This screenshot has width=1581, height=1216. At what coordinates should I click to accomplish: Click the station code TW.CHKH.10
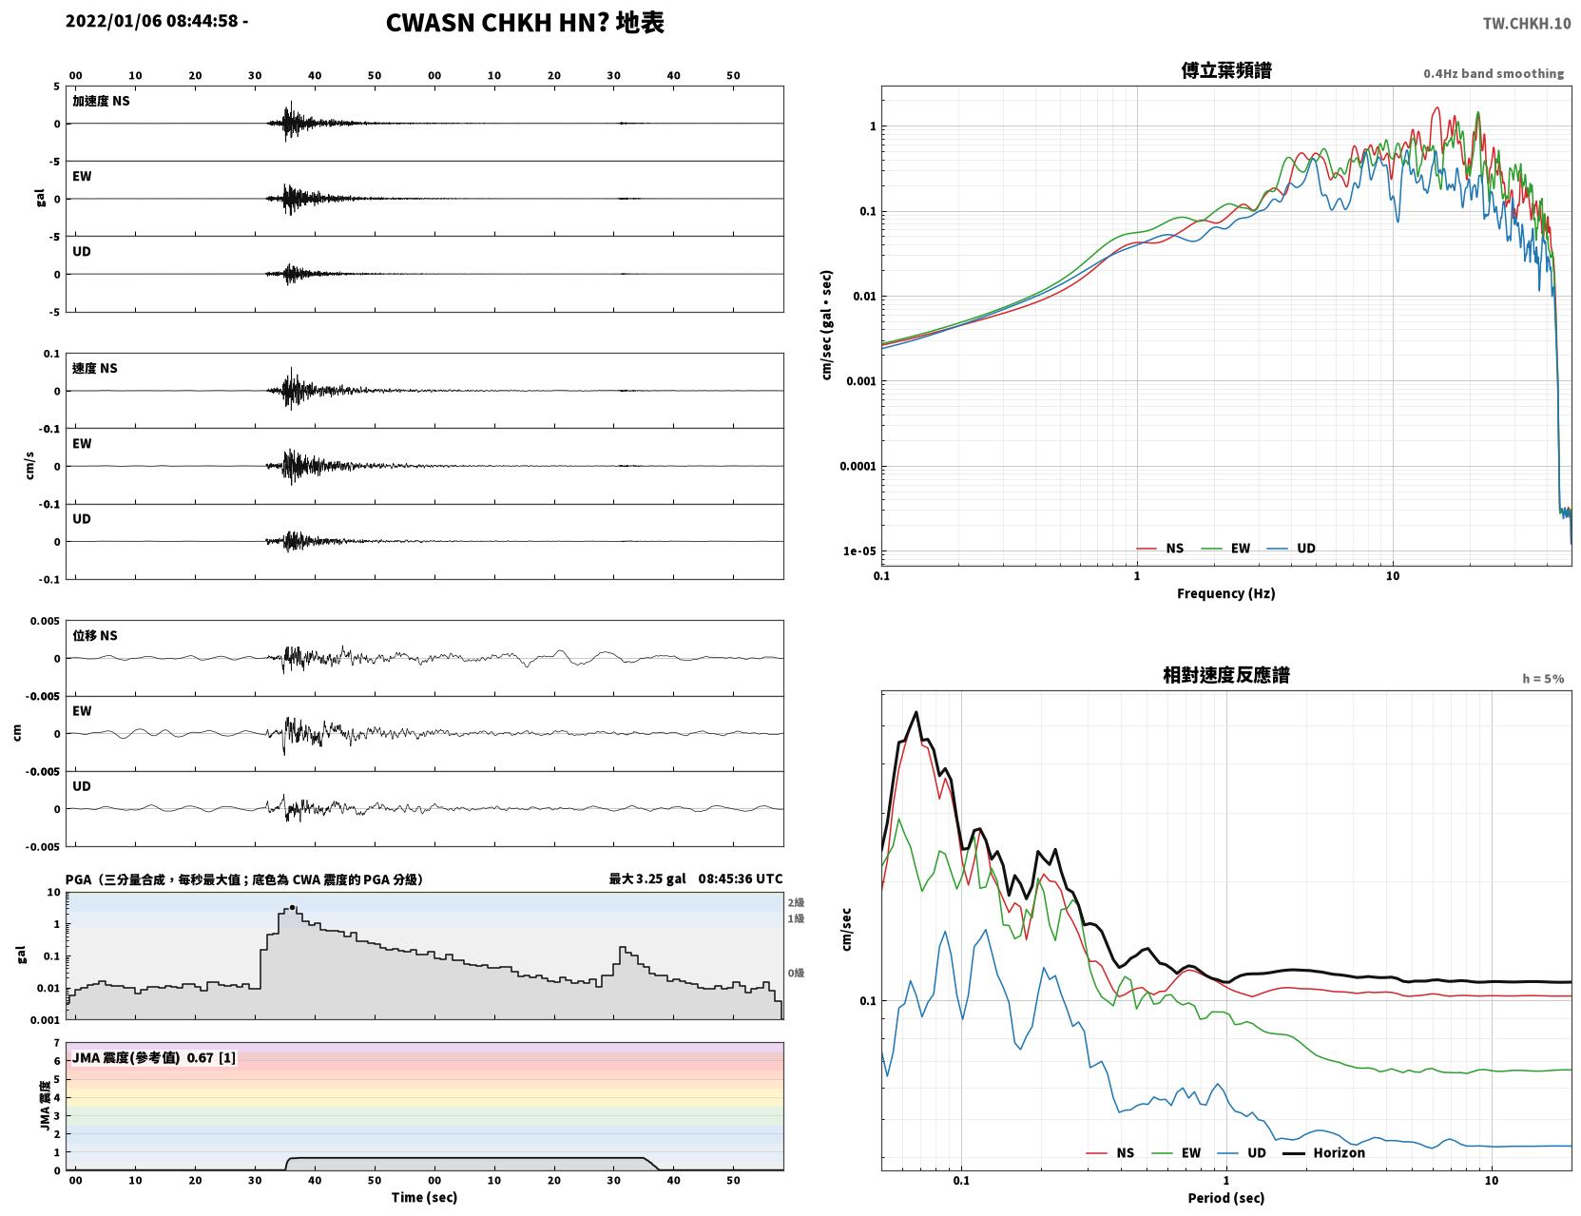(x=1527, y=23)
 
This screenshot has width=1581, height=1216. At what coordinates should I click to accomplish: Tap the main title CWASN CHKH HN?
(x=497, y=23)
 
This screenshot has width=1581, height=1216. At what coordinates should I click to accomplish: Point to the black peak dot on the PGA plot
(x=292, y=907)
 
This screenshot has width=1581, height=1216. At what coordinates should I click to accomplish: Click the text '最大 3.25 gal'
(x=646, y=878)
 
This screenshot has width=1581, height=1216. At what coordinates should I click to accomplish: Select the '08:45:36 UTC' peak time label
(x=740, y=878)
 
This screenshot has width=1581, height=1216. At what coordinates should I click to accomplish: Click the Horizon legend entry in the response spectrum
(x=1323, y=1152)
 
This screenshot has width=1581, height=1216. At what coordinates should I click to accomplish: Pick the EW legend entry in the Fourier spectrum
(x=1226, y=549)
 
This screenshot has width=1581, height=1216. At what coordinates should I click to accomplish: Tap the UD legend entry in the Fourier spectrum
(x=1291, y=549)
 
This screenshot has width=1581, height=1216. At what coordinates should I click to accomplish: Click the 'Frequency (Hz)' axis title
(x=1225, y=593)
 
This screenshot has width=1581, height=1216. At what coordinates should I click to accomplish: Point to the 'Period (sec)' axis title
(x=1225, y=1198)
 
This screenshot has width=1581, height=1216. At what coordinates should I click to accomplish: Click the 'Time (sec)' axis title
(x=424, y=1197)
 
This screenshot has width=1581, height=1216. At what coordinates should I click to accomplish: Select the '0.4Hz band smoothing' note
(x=1493, y=73)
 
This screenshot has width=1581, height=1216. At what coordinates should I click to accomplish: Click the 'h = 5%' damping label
(x=1542, y=679)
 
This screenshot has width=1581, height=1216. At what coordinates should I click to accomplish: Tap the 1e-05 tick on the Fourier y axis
(x=859, y=551)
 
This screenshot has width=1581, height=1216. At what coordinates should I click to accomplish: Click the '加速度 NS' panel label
(x=101, y=101)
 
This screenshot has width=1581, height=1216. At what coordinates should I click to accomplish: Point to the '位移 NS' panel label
(x=94, y=636)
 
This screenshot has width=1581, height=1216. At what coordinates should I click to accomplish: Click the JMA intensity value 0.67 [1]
(x=211, y=1057)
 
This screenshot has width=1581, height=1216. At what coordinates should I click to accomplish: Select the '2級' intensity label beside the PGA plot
(x=796, y=902)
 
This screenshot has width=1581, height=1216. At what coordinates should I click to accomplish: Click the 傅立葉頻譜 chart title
(x=1226, y=70)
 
